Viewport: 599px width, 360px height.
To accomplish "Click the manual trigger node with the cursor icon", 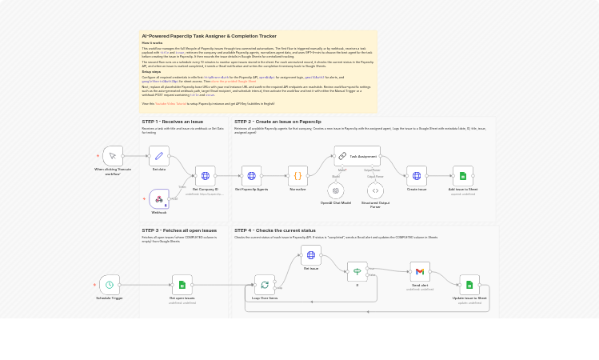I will (x=113, y=156).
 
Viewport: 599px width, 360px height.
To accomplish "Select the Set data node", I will (x=159, y=156).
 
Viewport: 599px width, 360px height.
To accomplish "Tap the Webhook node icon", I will (x=159, y=198).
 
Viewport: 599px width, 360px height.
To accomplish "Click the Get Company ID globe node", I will (x=205, y=176).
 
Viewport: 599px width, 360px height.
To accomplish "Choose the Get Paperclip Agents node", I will (x=251, y=176).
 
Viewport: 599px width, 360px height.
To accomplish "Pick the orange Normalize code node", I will (x=298, y=176).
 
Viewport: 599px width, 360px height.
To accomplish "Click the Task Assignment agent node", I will (x=357, y=156).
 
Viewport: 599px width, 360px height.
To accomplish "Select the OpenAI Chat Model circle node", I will (x=336, y=190).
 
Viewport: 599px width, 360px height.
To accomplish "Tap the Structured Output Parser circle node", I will (x=375, y=190).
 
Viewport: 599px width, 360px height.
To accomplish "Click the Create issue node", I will (x=416, y=176).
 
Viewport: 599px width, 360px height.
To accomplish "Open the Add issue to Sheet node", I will (x=462, y=176).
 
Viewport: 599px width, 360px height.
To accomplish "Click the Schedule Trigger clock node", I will (x=110, y=284).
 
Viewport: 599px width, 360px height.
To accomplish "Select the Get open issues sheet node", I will (x=182, y=284).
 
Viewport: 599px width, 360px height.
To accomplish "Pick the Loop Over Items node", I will (x=265, y=284).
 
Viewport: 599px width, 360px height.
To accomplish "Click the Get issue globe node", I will (x=310, y=255).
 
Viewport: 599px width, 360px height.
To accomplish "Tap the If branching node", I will (x=357, y=272).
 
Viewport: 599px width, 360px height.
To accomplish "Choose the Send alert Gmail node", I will (x=419, y=272).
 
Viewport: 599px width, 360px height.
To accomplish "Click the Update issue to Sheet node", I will (x=469, y=284).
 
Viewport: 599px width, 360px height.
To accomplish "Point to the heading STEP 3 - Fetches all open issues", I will (x=179, y=230).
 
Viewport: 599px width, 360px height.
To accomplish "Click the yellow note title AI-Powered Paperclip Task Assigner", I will (x=209, y=36).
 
